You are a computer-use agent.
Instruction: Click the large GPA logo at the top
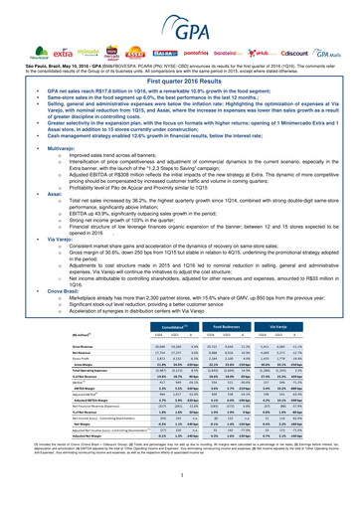point(180,17)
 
